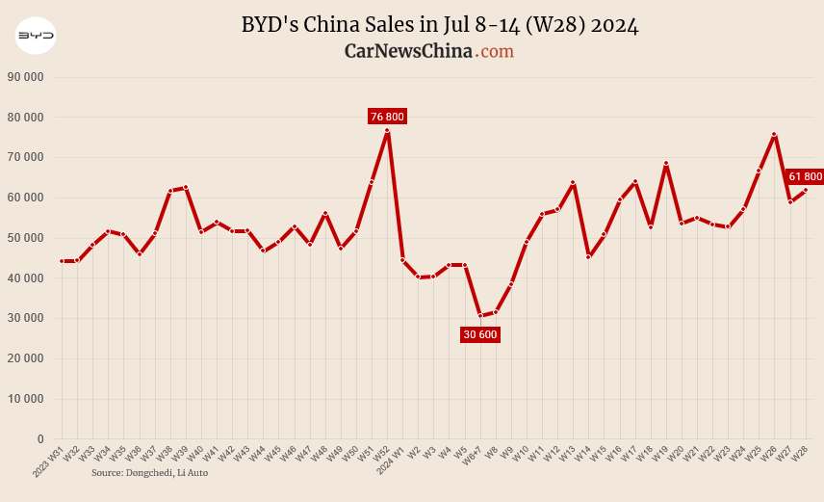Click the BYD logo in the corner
tap(36, 38)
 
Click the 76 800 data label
tap(387, 117)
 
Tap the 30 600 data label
tap(480, 334)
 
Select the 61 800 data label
tap(805, 176)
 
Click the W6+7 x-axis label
tap(471, 454)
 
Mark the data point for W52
tap(387, 131)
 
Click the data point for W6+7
tap(480, 316)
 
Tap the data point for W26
tap(774, 135)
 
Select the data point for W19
tap(666, 164)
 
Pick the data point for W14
tap(588, 256)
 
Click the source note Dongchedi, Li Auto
tap(149, 473)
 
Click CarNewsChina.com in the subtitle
tap(428, 51)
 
